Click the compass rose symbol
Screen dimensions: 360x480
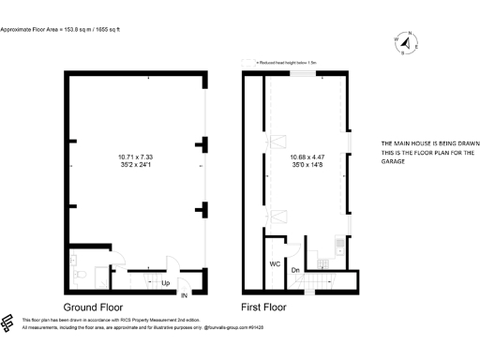point(409,43)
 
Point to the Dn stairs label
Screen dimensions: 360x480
point(295,271)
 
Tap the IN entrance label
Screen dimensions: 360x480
point(184,296)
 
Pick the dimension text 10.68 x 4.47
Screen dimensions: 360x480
point(308,157)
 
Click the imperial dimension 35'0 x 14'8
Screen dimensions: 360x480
point(308,165)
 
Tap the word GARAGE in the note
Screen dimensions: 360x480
point(392,162)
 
